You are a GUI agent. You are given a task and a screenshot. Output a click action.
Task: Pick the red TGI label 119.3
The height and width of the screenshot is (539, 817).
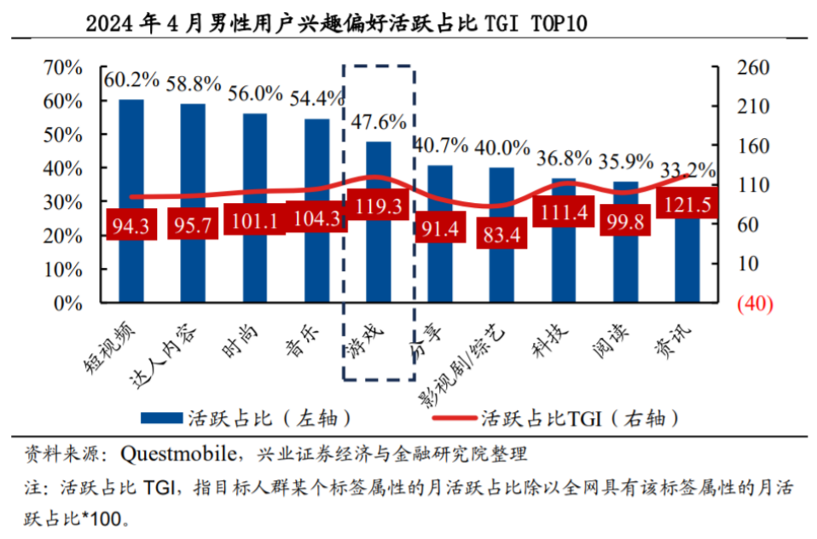(377, 206)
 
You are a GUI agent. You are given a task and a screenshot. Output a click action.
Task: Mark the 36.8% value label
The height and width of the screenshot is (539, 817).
(564, 158)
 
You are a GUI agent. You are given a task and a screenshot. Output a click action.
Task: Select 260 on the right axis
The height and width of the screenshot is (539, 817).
(754, 67)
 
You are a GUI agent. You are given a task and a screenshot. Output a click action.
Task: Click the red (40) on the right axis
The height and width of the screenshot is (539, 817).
(753, 304)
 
